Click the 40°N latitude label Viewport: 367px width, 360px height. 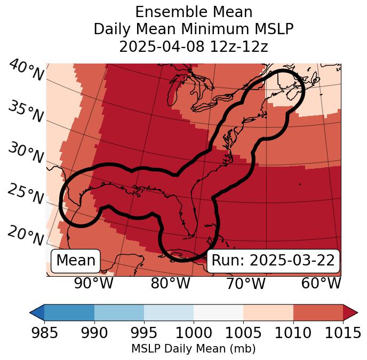(26, 71)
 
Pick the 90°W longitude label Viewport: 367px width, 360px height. (94, 284)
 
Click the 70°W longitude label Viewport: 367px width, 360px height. (246, 284)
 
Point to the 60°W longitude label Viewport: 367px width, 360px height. (321, 284)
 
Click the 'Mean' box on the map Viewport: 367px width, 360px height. (76, 261)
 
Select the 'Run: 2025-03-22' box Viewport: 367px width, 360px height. (273, 261)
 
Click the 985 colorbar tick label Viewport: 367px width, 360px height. (44, 333)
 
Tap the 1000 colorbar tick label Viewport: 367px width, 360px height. (194, 333)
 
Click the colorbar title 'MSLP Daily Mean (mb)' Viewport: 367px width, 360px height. (193, 349)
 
